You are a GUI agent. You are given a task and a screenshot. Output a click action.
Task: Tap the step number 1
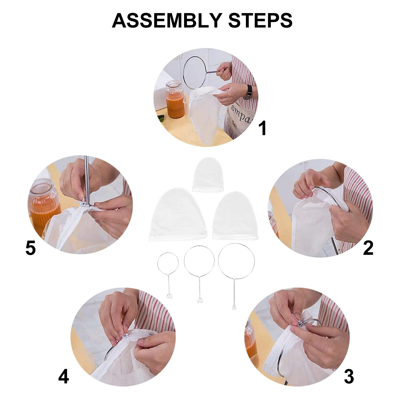click(x=263, y=128)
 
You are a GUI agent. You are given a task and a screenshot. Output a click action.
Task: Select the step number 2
click(x=368, y=248)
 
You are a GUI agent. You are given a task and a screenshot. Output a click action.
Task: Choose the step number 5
click(x=31, y=248)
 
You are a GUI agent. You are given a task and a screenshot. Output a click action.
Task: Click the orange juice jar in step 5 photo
click(x=44, y=202)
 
